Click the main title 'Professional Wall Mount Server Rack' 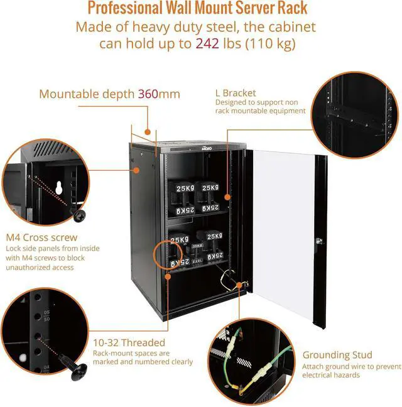(x=197, y=9)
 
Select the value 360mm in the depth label (x=159, y=94)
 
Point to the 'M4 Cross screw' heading (x=42, y=238)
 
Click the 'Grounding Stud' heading (x=337, y=355)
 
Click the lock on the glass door (x=319, y=239)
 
